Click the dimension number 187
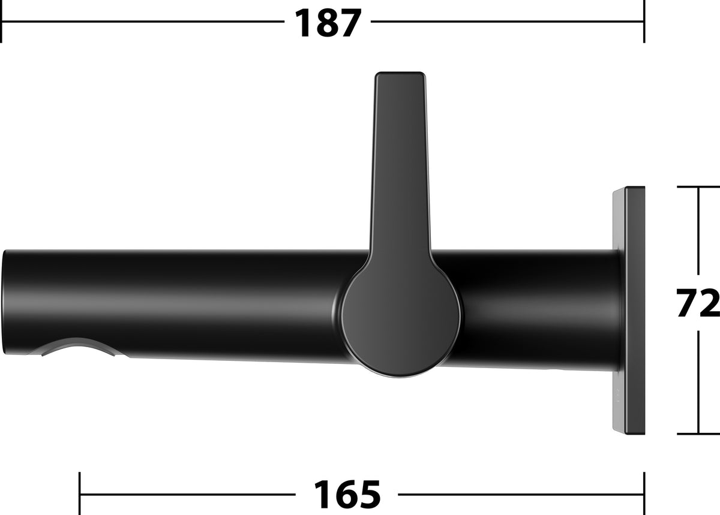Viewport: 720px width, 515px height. click(x=328, y=23)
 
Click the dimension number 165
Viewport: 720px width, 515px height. click(x=347, y=494)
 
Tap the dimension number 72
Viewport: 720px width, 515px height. click(x=697, y=303)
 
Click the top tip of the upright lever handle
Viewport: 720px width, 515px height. click(x=401, y=73)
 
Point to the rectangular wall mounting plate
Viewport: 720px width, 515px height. click(x=629, y=311)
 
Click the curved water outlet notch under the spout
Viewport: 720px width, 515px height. click(x=78, y=348)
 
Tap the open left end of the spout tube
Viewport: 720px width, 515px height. click(x=5, y=302)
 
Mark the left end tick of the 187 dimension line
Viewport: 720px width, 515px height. click(x=1, y=22)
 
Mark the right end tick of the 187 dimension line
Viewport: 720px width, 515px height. click(x=644, y=22)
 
